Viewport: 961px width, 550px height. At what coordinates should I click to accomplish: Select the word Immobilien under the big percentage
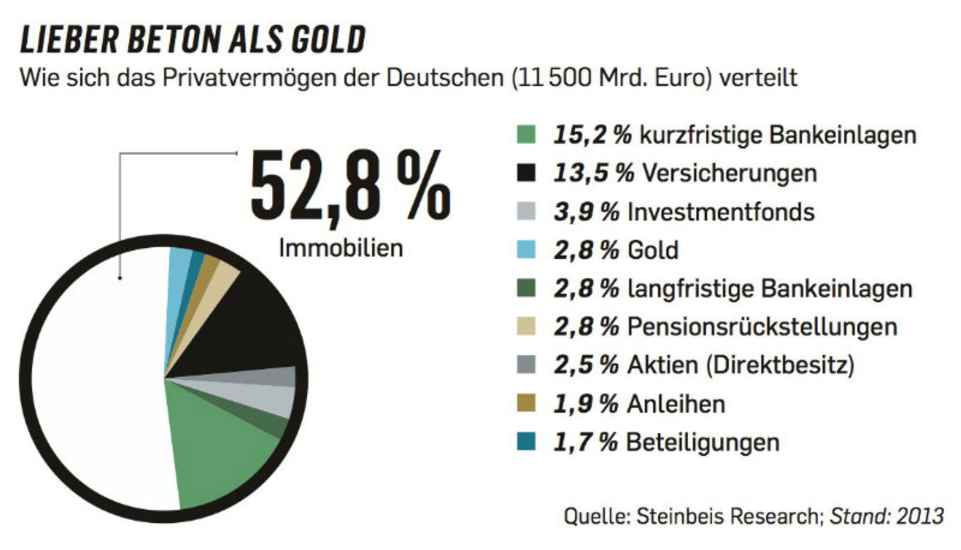click(341, 248)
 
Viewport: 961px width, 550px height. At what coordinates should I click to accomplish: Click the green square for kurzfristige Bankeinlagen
click(526, 135)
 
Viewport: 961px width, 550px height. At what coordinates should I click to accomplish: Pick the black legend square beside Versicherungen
click(526, 173)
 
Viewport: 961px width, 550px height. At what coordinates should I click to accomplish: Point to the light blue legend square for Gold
click(526, 249)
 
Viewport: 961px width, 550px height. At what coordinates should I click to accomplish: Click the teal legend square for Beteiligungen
click(526, 442)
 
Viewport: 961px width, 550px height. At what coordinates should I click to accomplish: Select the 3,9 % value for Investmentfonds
click(587, 212)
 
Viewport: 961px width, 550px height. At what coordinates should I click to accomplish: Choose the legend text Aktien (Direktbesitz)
click(740, 365)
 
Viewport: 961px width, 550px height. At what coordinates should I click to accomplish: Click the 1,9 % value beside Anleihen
click(586, 404)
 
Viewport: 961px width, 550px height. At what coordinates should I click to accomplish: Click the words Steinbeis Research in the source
click(727, 516)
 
